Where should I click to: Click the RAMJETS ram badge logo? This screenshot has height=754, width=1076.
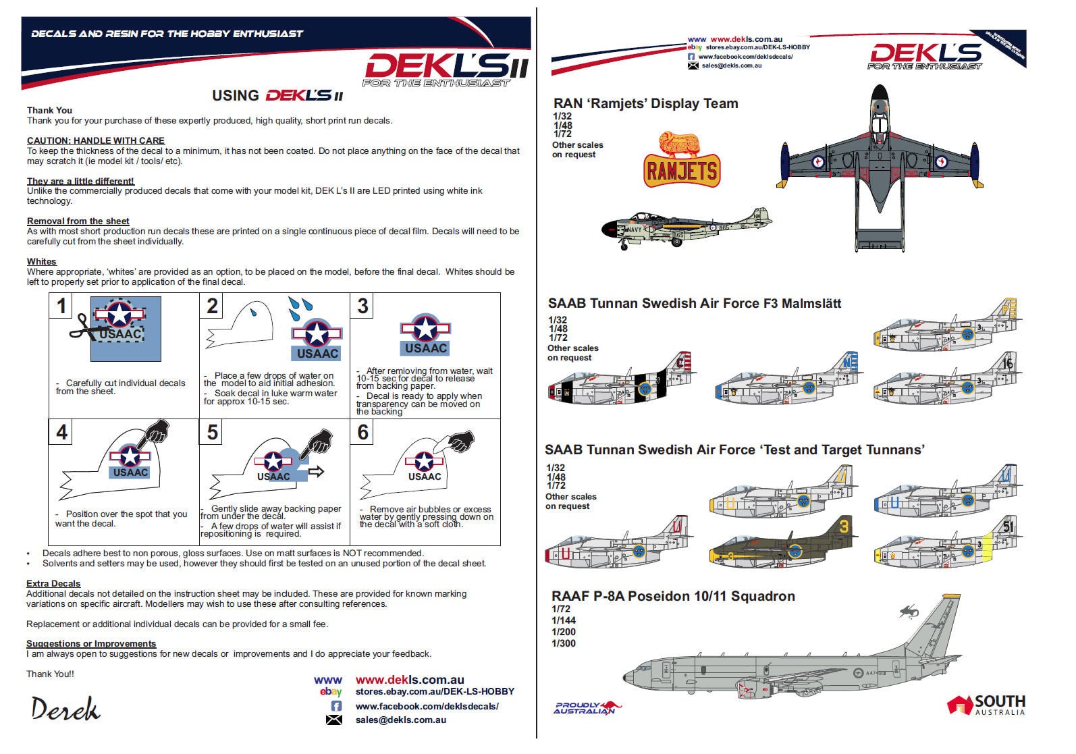pyautogui.click(x=682, y=161)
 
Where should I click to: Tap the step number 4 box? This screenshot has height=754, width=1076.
pyautogui.click(x=61, y=432)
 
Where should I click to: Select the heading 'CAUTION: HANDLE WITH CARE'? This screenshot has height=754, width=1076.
pyautogui.click(x=95, y=140)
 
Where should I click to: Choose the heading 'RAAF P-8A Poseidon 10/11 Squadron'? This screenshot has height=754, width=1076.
pyautogui.click(x=673, y=596)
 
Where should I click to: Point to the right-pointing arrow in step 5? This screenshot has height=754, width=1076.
pyautogui.click(x=315, y=471)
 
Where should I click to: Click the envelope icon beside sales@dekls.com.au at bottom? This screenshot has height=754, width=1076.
pyautogui.click(x=334, y=720)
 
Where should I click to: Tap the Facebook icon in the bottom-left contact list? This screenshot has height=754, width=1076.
pyautogui.click(x=335, y=706)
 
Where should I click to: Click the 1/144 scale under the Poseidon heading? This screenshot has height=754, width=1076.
pyautogui.click(x=564, y=620)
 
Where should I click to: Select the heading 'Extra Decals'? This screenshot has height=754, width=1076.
pyautogui.click(x=53, y=583)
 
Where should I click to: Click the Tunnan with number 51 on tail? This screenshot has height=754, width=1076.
pyautogui.click(x=948, y=543)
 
